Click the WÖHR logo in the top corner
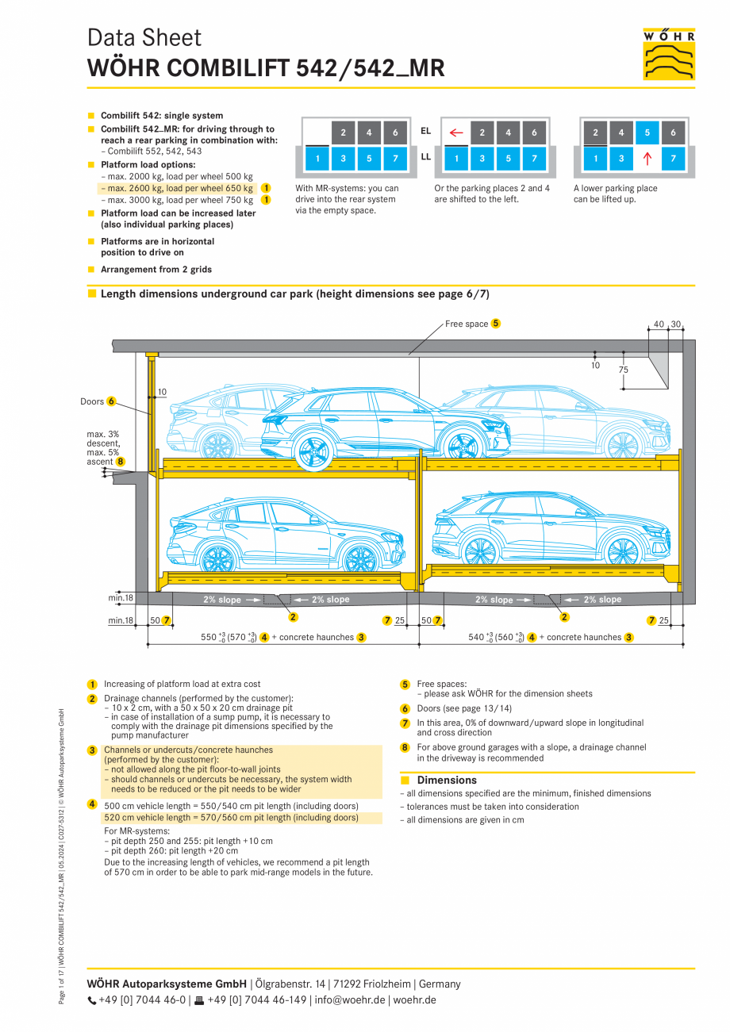(669, 54)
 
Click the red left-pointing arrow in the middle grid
(455, 132)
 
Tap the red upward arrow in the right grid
(647, 159)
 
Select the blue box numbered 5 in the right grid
(647, 132)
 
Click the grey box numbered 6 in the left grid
(394, 132)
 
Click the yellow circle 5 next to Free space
(495, 324)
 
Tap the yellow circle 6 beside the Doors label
(111, 401)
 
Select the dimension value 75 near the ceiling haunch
(624, 370)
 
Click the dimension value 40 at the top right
(659, 324)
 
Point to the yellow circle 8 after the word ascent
(120, 461)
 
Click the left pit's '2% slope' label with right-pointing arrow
(231, 600)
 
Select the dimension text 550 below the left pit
(209, 637)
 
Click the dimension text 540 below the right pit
(476, 637)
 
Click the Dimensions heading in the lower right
(447, 780)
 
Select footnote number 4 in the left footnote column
(92, 805)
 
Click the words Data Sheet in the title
(144, 37)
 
